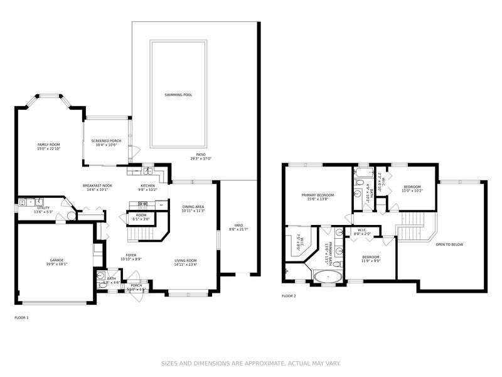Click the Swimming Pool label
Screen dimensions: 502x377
178,95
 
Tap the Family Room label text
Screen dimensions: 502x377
48,145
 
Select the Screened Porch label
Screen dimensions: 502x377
106,141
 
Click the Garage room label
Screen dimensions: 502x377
57,260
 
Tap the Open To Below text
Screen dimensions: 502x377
449,244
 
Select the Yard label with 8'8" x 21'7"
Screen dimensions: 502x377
238,225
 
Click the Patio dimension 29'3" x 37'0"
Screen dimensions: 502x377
201,158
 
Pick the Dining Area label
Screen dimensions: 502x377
194,207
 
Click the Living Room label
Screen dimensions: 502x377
186,260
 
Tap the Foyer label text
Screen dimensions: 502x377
131,255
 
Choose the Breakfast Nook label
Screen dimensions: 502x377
97,185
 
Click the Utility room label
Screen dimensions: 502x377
43,207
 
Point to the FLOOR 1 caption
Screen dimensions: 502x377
21,318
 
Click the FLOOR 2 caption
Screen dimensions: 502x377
289,295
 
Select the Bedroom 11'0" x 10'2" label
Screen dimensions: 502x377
412,187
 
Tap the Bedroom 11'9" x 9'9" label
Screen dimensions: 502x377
371,258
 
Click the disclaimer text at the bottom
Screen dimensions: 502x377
250,363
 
